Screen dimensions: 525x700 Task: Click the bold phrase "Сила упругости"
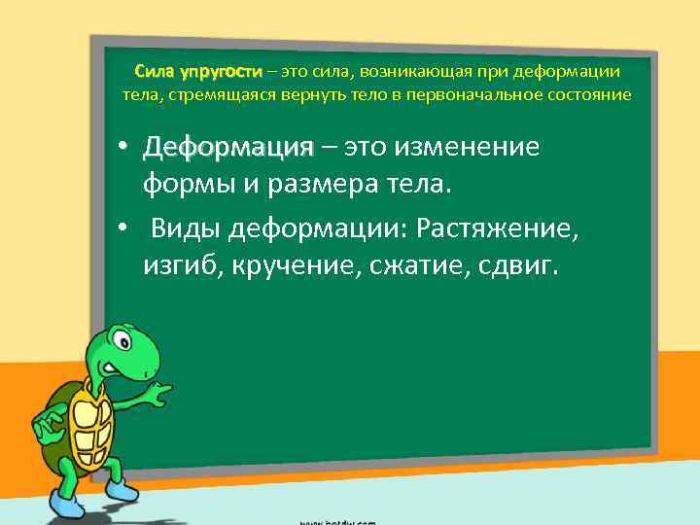[x=198, y=72]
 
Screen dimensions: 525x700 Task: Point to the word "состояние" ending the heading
[x=589, y=95]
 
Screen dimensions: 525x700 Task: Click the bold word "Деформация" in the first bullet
[x=227, y=148]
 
